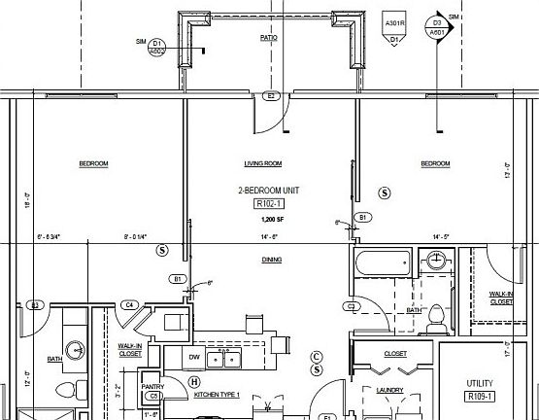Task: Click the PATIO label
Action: coord(269,40)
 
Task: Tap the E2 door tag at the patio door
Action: coord(273,95)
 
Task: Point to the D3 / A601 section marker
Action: coord(437,26)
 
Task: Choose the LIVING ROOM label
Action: coord(262,163)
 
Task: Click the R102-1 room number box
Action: coord(267,204)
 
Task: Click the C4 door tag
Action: coord(129,305)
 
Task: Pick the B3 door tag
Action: coord(34,305)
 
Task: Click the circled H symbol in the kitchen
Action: coord(193,382)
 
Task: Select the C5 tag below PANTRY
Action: coord(152,396)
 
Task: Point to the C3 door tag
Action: coord(352,305)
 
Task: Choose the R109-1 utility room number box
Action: coord(481,397)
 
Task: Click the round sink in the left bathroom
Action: coord(75,349)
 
